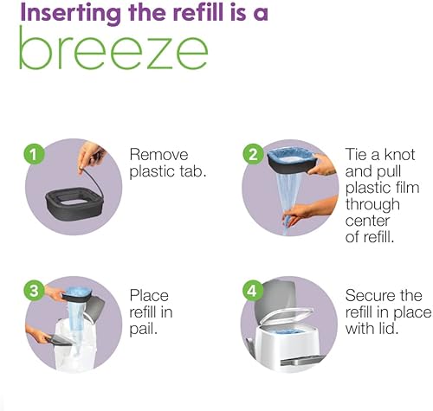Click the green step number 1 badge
tap(34, 154)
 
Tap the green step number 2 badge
tap(253, 154)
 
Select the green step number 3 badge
tap(34, 291)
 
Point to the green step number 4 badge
tap(252, 291)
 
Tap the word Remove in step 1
tap(158, 155)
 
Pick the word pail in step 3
tap(143, 330)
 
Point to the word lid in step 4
tap(389, 329)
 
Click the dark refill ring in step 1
tap(74, 203)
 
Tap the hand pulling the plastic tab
tap(91, 157)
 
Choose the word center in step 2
tap(367, 222)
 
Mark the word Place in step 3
tap(149, 296)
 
